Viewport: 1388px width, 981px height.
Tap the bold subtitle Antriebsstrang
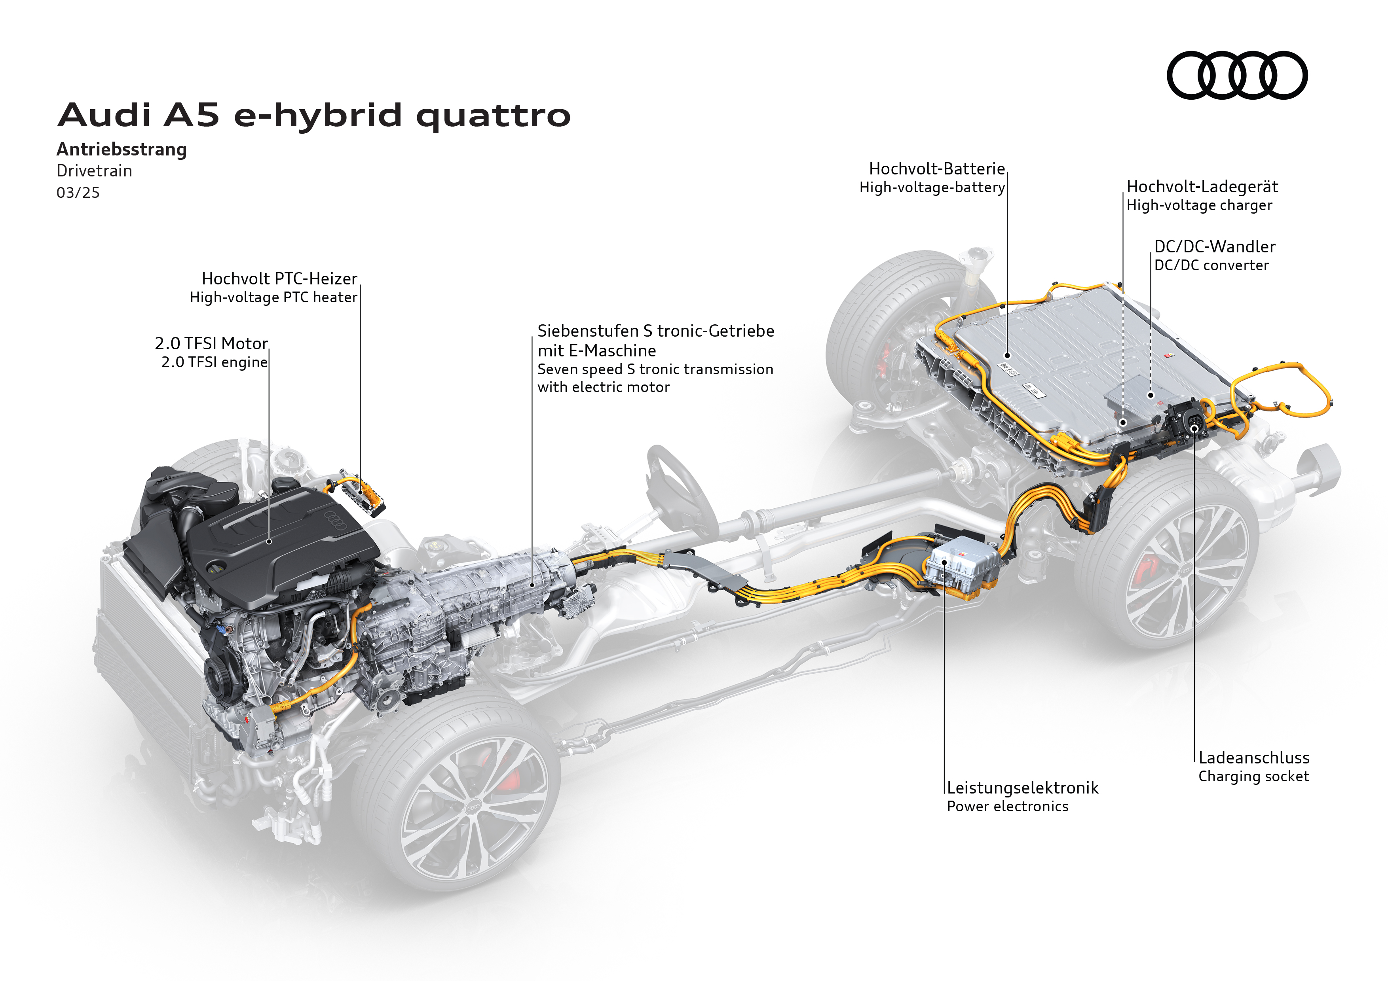coord(122,149)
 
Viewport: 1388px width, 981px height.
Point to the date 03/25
coord(78,193)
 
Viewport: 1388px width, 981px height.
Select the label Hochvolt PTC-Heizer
coord(279,278)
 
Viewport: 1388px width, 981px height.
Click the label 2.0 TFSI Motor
coord(211,343)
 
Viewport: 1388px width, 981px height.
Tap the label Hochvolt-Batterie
coord(936,169)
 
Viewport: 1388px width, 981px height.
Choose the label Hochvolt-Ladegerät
coord(1202,187)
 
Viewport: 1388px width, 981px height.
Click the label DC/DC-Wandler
coord(1215,246)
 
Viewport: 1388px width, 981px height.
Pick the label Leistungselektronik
coord(1022,788)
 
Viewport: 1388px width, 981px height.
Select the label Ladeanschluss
coord(1254,758)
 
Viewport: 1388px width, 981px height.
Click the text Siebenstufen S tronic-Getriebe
coord(655,331)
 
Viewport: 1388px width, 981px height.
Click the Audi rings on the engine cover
coord(336,519)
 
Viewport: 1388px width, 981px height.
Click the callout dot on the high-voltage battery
coord(1008,356)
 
